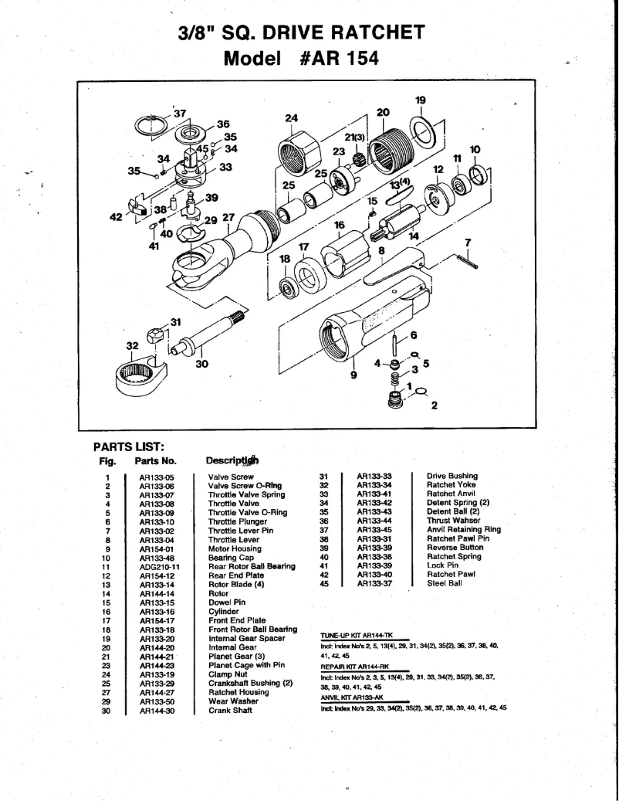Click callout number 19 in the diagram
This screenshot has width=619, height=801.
coord(420,100)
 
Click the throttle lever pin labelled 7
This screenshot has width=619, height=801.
coord(468,261)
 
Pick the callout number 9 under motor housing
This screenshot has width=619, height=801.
coord(354,375)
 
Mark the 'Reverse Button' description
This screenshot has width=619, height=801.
coord(455,548)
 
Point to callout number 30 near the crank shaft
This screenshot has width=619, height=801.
coord(203,366)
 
